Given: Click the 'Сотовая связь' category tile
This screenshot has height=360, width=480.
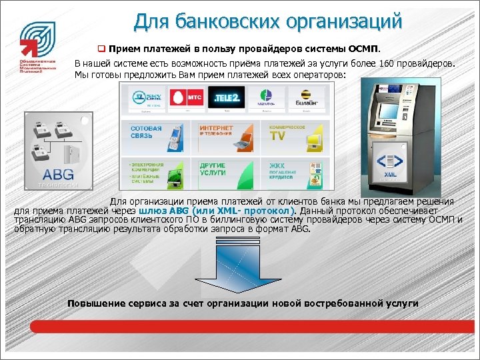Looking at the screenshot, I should pos(155,136).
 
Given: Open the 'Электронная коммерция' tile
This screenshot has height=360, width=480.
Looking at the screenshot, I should pos(155,173).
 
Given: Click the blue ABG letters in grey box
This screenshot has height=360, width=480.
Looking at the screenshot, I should pos(57,174).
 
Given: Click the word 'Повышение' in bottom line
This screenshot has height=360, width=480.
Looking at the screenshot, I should pos(95,303).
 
